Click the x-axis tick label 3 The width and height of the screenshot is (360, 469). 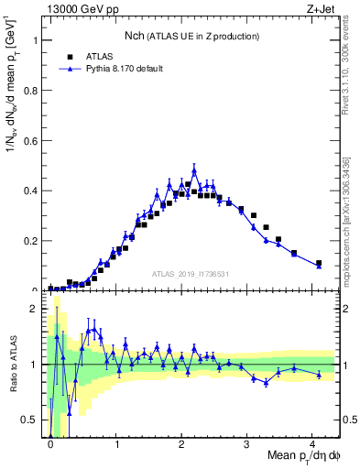(x=246, y=443)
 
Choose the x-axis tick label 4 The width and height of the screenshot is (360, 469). (x=312, y=443)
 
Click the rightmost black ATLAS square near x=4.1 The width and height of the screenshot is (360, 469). (x=319, y=264)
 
